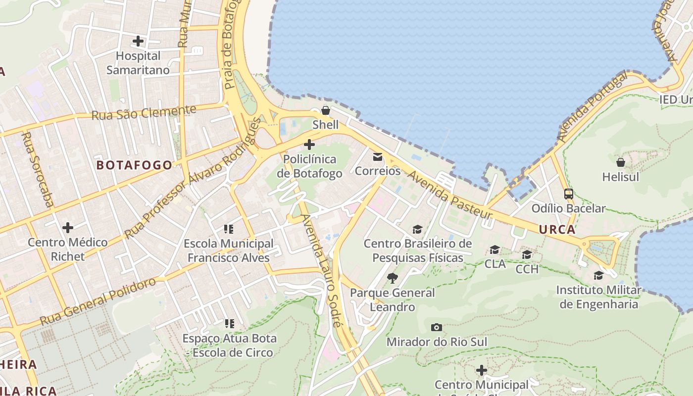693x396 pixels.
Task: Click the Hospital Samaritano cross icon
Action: point(138,41)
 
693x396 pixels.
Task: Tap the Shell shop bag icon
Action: point(326,110)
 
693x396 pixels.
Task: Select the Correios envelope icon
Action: point(378,157)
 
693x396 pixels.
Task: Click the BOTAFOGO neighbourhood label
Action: point(134,165)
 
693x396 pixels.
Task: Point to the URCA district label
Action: point(557,229)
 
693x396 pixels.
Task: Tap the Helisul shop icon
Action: point(621,162)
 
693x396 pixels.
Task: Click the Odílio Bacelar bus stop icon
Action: point(569,194)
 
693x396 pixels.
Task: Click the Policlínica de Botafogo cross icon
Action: point(309,145)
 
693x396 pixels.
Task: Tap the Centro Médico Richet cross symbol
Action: point(68,228)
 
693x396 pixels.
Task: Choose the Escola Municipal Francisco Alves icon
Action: point(229,229)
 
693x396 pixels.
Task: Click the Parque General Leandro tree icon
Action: point(393,278)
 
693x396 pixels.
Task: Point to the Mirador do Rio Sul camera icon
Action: point(436,327)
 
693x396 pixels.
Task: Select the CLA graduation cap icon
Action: point(495,249)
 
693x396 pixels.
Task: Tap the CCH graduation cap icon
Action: point(527,255)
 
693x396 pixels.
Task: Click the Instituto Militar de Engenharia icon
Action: point(599,275)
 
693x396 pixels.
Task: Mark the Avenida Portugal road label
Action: point(593,106)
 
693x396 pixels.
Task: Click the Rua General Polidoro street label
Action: point(98,301)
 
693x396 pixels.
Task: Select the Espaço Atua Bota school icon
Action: point(229,324)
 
